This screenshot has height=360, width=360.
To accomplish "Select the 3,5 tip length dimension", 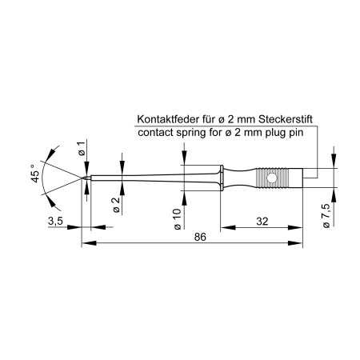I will pos(57,220).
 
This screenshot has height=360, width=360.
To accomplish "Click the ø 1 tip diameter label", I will pos(81,146).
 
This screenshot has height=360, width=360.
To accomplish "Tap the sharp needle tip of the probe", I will pos(83,176).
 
